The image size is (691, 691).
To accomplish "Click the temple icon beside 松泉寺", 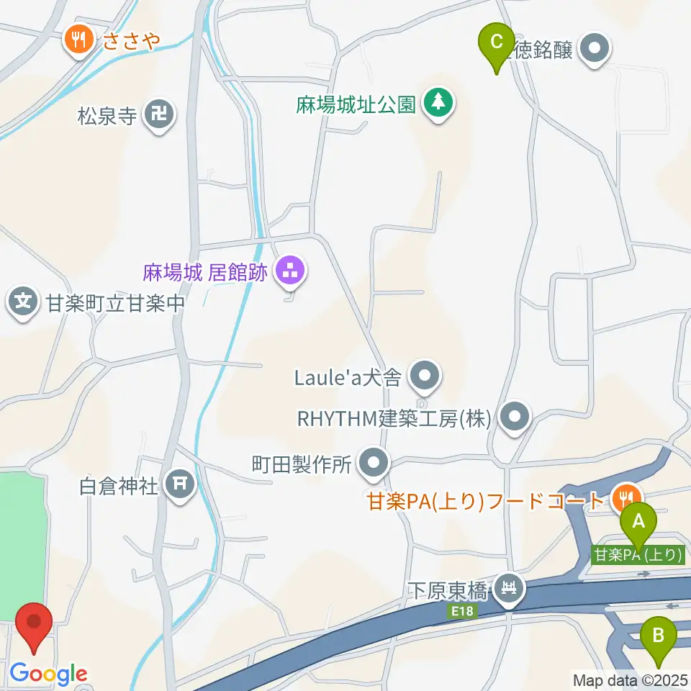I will point(159,114).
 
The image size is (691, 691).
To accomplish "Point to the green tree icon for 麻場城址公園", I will point(438,101).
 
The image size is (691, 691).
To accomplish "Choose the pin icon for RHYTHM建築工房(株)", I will point(514,417).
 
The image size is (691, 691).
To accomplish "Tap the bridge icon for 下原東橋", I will point(510,590).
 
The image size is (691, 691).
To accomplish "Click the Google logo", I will point(49,674).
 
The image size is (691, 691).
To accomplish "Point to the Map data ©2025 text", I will point(631,679).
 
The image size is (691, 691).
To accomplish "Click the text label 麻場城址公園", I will point(356,105).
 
